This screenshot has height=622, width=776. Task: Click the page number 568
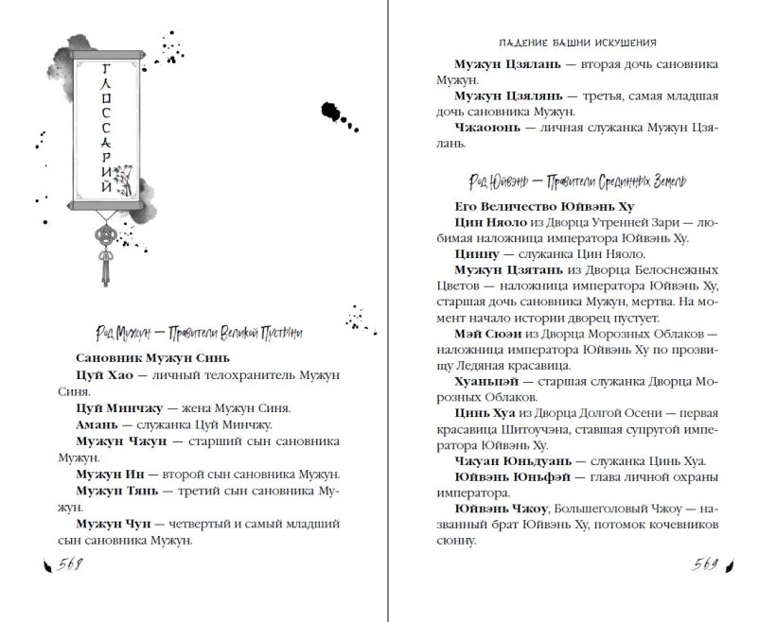pos(69,564)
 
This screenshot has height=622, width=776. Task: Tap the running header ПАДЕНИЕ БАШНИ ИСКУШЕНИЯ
pos(577,43)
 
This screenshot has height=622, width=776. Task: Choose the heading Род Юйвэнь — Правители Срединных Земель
pos(576,181)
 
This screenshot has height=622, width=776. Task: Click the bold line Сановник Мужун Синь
pos(151,358)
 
